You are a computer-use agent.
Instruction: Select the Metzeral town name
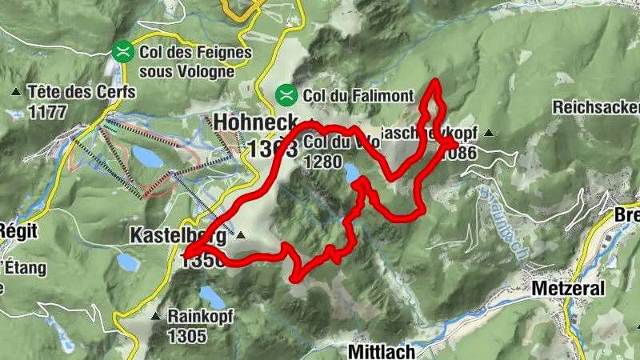pos(569,288)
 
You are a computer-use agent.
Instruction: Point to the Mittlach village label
pos(381,350)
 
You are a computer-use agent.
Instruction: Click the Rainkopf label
pos(200,315)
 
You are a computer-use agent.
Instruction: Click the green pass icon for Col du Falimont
pos(285,95)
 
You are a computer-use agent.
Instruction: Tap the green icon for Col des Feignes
pos(122,52)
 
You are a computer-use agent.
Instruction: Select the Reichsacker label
pos(596,106)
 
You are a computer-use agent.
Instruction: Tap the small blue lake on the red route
pos(352,172)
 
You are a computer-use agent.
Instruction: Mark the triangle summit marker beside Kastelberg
pos(240,236)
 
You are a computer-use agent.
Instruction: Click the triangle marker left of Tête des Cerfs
pos(16,92)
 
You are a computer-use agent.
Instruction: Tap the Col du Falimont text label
pos(358,95)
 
